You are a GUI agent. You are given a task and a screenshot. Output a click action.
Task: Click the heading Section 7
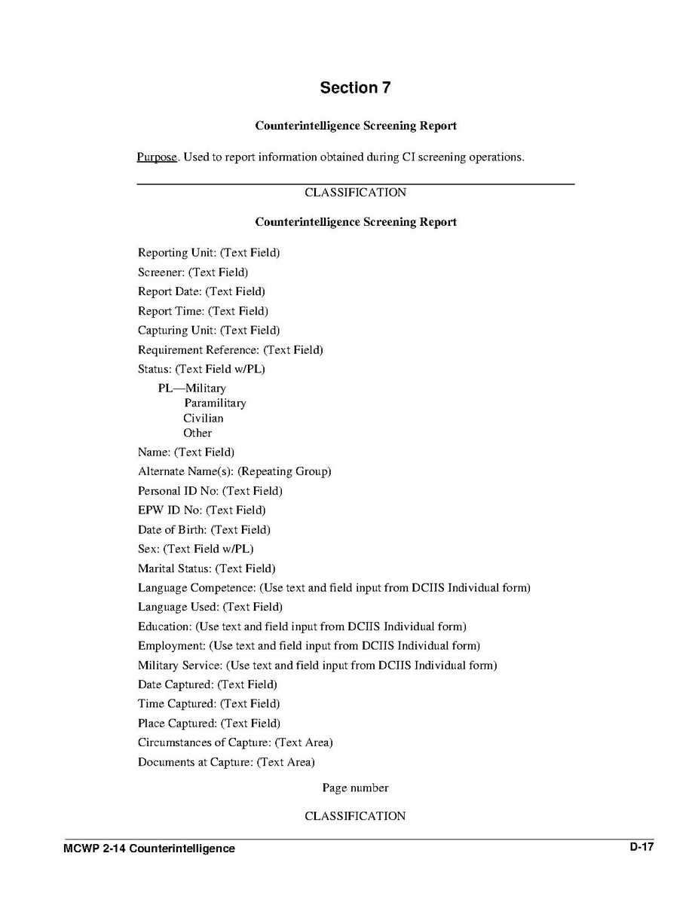click(355, 87)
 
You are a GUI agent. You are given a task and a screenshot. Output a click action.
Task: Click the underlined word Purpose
click(157, 157)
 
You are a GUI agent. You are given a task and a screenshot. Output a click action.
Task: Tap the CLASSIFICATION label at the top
click(355, 193)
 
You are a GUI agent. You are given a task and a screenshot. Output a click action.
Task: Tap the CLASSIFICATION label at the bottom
click(355, 816)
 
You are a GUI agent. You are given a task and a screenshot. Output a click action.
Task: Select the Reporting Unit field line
click(209, 253)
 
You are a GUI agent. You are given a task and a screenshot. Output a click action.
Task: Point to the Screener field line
click(193, 273)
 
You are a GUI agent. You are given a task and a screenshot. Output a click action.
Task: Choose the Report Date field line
click(201, 291)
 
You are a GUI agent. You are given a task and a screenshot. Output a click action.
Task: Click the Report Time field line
click(203, 311)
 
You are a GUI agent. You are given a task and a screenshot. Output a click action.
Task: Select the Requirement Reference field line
click(230, 350)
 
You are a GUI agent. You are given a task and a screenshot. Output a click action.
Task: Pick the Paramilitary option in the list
click(215, 404)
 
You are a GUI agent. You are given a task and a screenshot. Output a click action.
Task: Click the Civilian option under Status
click(204, 419)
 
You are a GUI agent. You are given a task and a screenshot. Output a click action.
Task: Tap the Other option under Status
click(197, 433)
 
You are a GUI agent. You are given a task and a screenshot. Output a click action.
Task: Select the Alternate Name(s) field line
click(234, 472)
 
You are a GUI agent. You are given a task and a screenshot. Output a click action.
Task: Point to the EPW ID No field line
click(201, 510)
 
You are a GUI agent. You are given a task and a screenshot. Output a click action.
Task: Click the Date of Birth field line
click(204, 530)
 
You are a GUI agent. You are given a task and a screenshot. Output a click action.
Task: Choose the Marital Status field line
click(207, 568)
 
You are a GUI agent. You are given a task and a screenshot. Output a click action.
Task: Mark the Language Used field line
click(210, 607)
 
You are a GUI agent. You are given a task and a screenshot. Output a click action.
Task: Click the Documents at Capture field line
click(226, 763)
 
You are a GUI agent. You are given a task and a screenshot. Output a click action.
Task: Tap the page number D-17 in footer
click(642, 847)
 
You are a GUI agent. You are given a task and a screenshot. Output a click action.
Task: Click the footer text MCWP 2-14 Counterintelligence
click(149, 849)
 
